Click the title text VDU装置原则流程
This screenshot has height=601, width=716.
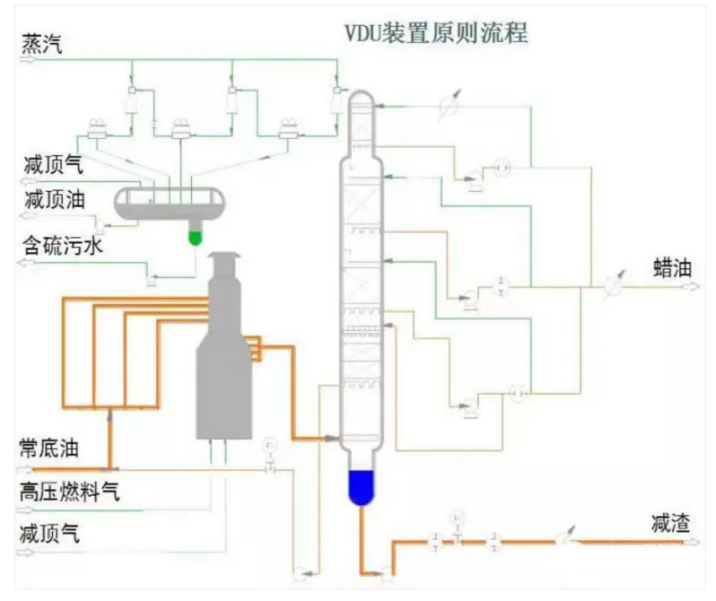436,33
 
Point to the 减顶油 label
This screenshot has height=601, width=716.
54,200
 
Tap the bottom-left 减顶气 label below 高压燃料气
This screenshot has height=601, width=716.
49,534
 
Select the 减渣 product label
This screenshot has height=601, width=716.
671,523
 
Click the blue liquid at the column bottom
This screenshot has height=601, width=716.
362,486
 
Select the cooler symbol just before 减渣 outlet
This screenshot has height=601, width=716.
562,539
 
